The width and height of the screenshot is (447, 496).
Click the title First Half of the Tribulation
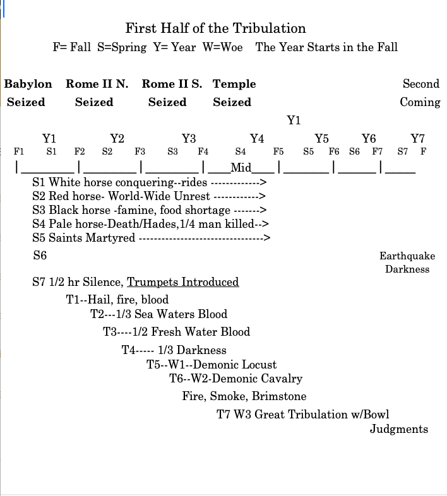click(x=215, y=28)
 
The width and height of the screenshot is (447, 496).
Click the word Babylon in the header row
click(x=28, y=84)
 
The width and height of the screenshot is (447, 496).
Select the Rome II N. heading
click(x=97, y=84)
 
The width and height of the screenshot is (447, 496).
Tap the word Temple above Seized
click(x=234, y=84)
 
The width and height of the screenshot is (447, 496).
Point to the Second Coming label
click(x=420, y=93)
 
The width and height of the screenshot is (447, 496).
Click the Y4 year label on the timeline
click(x=257, y=139)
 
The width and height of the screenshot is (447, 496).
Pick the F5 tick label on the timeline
click(x=278, y=151)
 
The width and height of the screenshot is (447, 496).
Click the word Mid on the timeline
click(x=241, y=167)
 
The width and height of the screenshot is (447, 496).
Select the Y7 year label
click(x=418, y=139)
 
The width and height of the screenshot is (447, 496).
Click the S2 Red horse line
click(x=148, y=196)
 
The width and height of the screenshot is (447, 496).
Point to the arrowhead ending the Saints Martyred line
click(x=267, y=238)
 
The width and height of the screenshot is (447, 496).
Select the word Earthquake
click(x=407, y=256)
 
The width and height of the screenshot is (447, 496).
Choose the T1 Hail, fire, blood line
click(x=117, y=300)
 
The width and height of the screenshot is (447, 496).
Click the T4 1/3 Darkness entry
click(x=174, y=350)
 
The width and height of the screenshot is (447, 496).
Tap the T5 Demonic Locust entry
click(x=212, y=364)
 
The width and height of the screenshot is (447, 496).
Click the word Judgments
click(x=399, y=429)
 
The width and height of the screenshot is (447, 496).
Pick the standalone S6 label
click(x=40, y=256)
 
